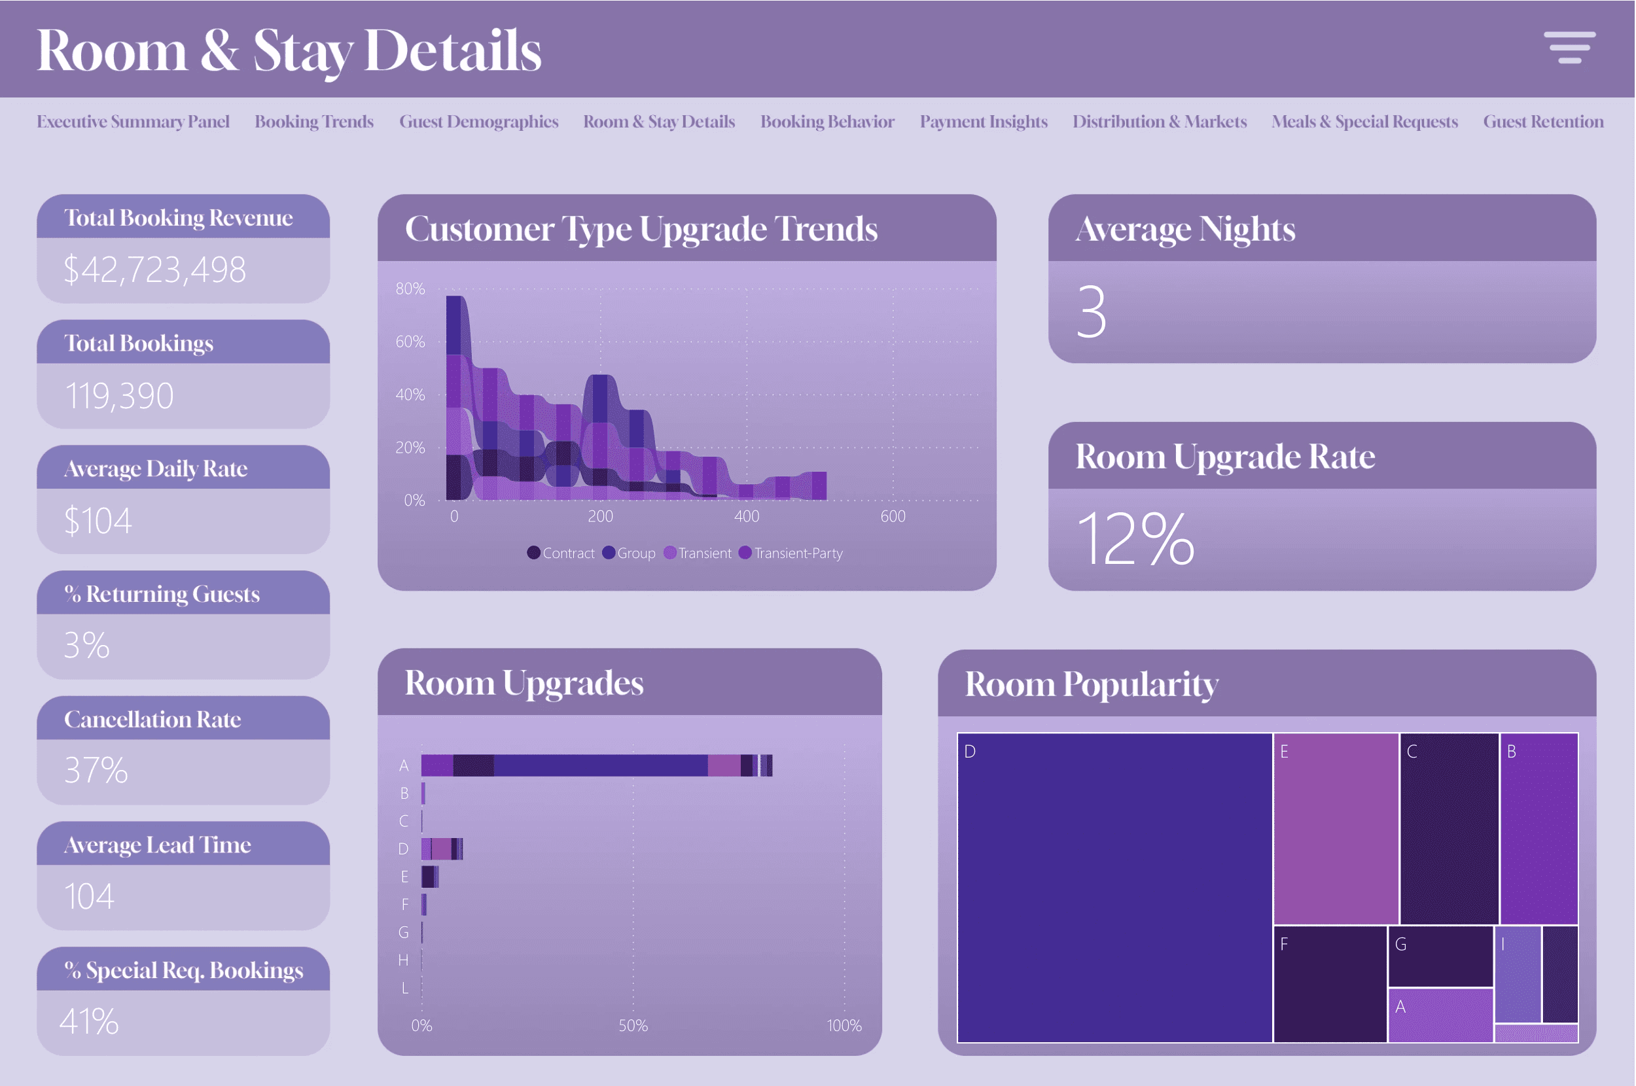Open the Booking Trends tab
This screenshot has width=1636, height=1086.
313,122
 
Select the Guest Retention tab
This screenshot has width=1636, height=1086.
1543,122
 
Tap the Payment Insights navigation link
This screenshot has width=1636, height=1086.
984,122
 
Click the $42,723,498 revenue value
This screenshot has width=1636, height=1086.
154,270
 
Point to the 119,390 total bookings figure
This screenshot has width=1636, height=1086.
118,396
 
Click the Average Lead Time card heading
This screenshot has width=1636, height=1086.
157,845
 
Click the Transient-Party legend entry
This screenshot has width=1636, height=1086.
791,553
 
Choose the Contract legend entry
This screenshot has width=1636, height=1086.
560,553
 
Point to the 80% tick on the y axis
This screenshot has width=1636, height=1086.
410,289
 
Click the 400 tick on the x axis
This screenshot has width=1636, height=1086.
747,516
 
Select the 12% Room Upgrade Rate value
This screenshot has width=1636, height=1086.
1135,538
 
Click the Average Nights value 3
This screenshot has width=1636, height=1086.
1092,311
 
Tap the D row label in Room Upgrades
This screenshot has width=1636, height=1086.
403,849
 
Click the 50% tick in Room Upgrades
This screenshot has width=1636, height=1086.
633,1026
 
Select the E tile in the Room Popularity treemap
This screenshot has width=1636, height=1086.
1336,829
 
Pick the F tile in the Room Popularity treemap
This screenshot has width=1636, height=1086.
1330,984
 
